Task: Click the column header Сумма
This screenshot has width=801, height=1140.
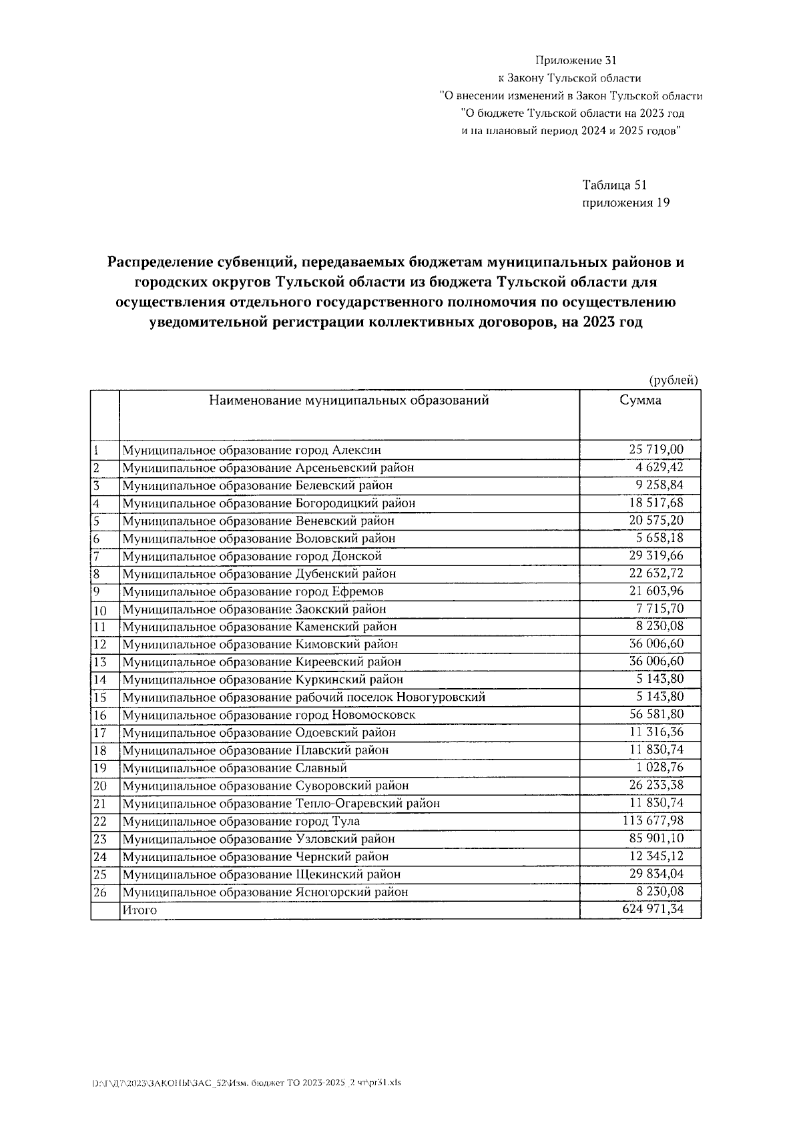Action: (640, 400)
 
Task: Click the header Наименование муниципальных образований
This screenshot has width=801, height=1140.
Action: (349, 400)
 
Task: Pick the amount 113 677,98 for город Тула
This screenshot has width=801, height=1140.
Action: (653, 821)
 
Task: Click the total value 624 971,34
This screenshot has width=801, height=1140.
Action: (653, 909)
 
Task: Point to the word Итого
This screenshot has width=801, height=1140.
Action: (140, 910)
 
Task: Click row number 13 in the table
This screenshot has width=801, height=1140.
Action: (100, 662)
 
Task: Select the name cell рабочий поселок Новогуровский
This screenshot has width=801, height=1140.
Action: (304, 697)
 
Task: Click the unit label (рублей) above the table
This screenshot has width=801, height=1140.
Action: (674, 380)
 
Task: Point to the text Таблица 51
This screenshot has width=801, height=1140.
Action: (615, 185)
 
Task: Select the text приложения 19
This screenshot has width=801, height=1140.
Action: (625, 203)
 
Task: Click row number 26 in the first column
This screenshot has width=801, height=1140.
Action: (100, 892)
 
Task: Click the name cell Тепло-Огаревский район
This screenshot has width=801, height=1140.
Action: (281, 804)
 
